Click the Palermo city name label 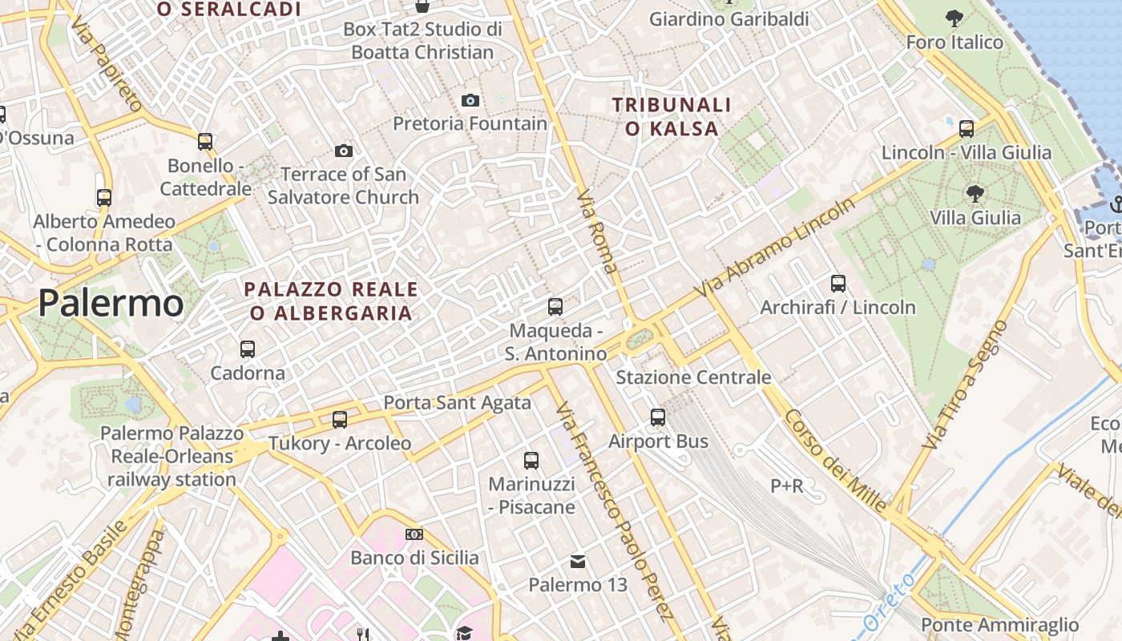111,304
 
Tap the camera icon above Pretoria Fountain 470,100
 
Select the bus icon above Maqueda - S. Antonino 555,306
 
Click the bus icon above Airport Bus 658,417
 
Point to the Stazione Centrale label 693,377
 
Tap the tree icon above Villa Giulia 975,193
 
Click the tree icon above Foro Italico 954,18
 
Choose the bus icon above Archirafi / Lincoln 837,283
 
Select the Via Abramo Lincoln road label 774,248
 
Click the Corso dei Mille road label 835,461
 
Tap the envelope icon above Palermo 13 578,561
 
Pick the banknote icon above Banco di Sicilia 414,534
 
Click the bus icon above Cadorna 248,349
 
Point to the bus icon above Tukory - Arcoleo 340,419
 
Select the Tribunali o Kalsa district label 672,116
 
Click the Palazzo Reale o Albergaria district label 331,300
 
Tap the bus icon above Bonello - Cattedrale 205,142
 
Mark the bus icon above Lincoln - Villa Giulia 967,128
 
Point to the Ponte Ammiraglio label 999,625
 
